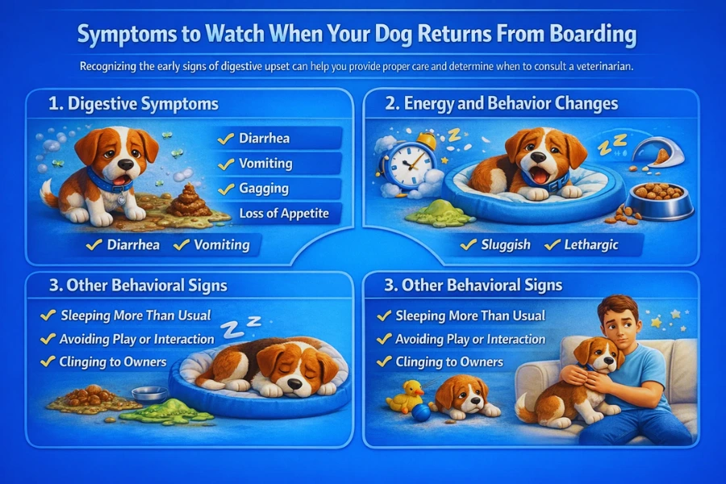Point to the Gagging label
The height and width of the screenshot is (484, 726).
[265, 188]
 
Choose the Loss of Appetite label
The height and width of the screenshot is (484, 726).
[283, 214]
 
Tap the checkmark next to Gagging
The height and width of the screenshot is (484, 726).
[226, 188]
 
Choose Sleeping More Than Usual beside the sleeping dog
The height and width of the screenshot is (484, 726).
[135, 315]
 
